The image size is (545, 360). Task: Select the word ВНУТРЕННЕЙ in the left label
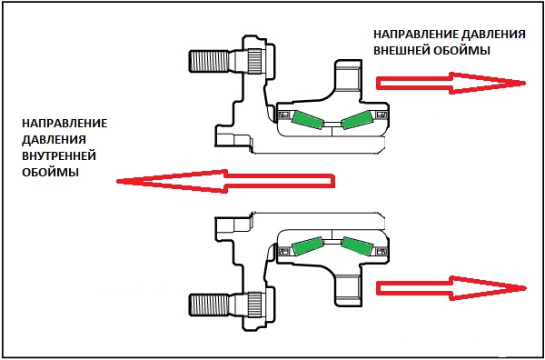[x=59, y=156]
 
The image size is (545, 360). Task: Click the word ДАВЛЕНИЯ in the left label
[x=54, y=140]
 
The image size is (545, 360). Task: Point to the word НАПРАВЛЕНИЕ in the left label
[x=64, y=124]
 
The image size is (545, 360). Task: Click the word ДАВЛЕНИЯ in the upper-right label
[x=492, y=35]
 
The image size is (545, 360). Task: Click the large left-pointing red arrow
[x=225, y=181]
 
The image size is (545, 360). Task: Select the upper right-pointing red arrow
[x=451, y=83]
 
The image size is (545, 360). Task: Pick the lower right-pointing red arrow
[x=451, y=288]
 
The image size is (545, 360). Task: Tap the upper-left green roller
[x=308, y=120]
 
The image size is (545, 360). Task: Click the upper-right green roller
[x=357, y=120]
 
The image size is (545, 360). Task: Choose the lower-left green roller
[x=308, y=246]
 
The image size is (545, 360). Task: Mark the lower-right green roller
[x=357, y=246]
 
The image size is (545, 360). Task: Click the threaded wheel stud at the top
[x=209, y=62]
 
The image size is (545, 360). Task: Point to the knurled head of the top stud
[x=255, y=61]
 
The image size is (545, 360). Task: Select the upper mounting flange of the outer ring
[x=349, y=78]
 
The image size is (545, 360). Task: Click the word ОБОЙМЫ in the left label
[x=50, y=173]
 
